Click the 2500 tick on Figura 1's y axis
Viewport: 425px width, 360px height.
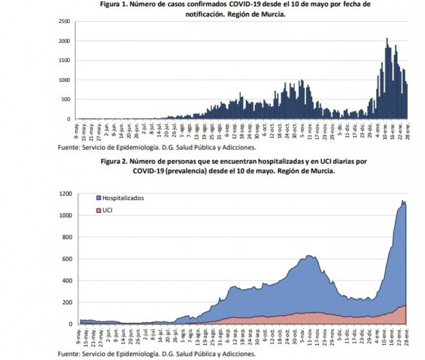coord(65,21)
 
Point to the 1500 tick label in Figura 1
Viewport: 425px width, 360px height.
coord(65,61)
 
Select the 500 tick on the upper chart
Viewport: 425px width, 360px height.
coord(66,99)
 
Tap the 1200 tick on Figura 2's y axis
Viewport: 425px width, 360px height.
coord(65,194)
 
